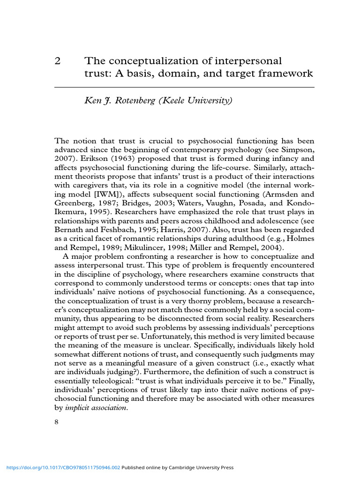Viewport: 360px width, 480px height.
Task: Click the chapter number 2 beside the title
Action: pos(58,61)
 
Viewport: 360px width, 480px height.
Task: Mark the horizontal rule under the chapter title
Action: pos(184,87)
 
